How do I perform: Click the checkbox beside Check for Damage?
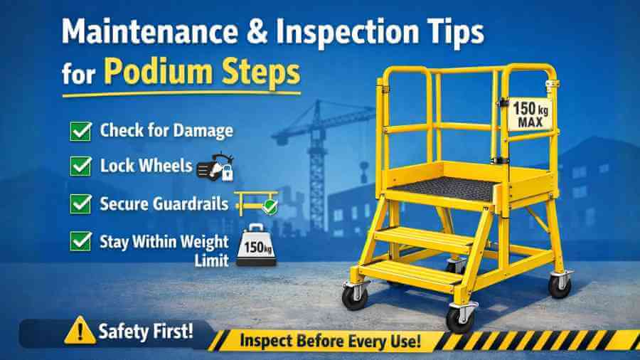tap(81, 132)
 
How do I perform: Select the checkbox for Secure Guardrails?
tap(81, 204)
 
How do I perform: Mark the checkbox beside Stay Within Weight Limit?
tap(81, 241)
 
